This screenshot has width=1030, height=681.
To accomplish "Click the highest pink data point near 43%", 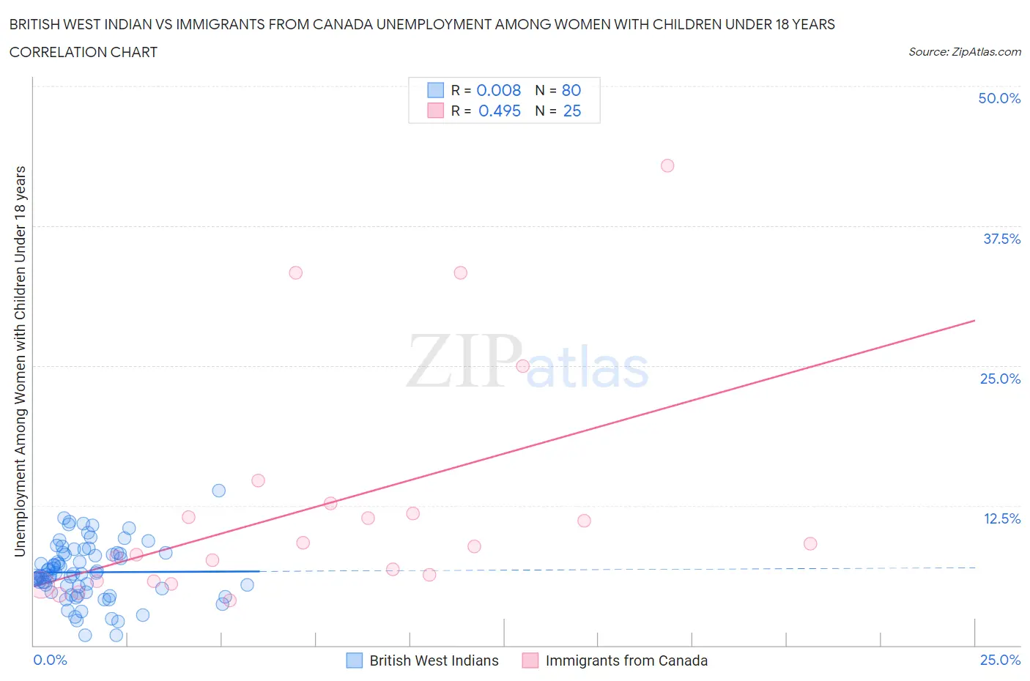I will [667, 165].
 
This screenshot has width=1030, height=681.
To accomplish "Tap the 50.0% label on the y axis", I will [998, 98].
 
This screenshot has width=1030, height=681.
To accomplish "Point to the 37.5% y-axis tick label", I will [1001, 239].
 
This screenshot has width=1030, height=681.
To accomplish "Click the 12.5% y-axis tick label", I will [1001, 518].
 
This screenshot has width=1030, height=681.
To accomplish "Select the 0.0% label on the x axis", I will [50, 660].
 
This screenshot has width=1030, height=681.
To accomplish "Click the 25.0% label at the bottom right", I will [1000, 660].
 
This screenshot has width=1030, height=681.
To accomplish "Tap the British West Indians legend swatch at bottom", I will [355, 660].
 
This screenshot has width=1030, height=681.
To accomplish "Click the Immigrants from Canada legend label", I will [626, 660].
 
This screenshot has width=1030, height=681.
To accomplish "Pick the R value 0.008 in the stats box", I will [498, 90].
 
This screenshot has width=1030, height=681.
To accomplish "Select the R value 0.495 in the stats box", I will [499, 111].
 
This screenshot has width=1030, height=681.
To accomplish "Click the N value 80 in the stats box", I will [571, 90].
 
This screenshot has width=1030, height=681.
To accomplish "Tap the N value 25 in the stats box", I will [571, 111].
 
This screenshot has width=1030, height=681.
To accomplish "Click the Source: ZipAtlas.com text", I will [964, 51].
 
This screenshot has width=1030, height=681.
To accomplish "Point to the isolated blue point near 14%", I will [218, 491].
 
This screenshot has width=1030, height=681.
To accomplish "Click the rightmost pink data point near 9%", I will [809, 543].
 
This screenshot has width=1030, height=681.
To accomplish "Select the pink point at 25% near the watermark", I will [522, 366].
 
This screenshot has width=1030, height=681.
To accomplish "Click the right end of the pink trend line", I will [974, 321].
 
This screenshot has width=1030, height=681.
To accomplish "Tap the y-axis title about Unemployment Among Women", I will [20, 361].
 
